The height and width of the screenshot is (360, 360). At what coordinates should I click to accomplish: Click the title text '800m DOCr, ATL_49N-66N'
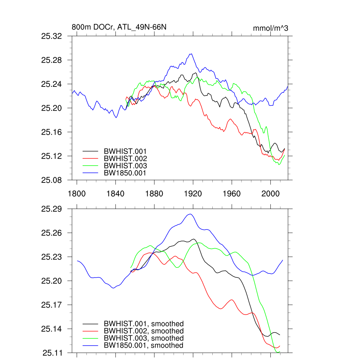coord(116,27)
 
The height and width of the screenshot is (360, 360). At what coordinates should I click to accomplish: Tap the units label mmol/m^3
coord(270,28)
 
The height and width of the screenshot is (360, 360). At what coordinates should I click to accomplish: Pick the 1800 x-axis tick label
coord(77,194)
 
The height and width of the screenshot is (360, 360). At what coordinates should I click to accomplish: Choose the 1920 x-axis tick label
coord(193,194)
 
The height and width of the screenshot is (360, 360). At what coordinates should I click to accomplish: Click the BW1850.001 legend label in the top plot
coord(125,173)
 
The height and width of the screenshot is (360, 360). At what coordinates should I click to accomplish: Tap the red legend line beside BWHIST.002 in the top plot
coord(90,159)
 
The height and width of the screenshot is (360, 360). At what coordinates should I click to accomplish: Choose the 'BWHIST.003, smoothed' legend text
coord(144,338)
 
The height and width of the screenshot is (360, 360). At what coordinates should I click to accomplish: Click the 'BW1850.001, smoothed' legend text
coord(143,346)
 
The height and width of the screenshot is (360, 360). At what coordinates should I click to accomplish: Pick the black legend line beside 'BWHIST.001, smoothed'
coord(90,324)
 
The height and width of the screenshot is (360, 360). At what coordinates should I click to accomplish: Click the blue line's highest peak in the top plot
coord(191,54)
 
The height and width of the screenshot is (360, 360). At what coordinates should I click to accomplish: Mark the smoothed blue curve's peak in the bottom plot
coord(190,214)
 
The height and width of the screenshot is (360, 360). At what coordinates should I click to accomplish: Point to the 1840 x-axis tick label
coord(115,194)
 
